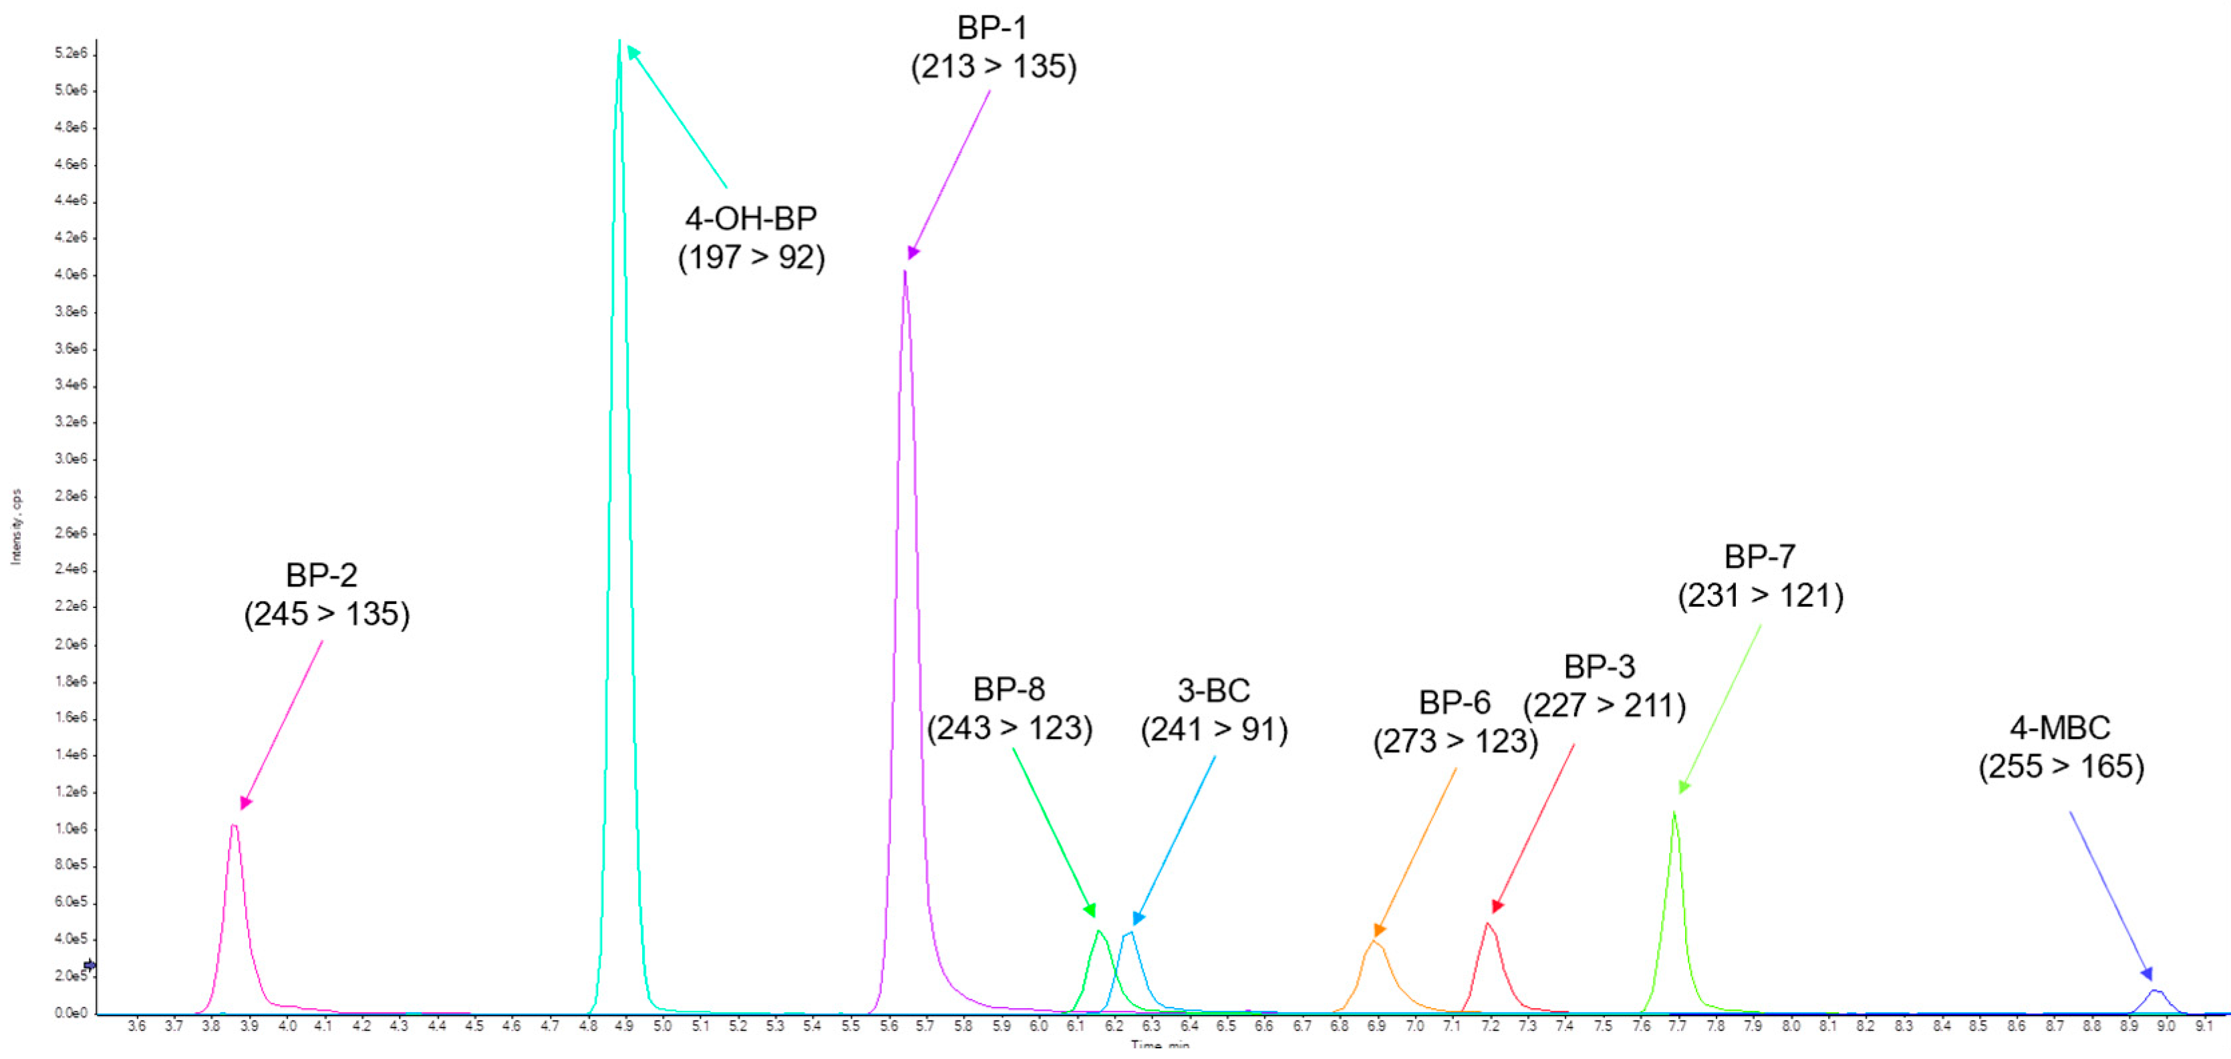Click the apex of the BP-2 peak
coord(234,826)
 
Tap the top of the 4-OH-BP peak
coord(619,41)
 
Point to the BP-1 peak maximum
coord(905,273)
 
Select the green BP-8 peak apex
coord(1098,931)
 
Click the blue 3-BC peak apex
coord(1129,933)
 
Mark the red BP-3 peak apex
coord(1488,924)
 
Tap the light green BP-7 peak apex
coord(1674,812)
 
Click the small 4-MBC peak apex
coord(2155,991)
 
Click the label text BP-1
coord(992,27)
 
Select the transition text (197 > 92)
coord(751,257)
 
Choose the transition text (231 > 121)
coord(1760,596)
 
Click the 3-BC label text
coord(1213,691)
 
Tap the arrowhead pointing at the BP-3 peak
coord(1497,907)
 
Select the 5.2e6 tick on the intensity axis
coord(71,53)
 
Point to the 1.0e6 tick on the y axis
coord(71,828)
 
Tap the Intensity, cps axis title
coord(15,527)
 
